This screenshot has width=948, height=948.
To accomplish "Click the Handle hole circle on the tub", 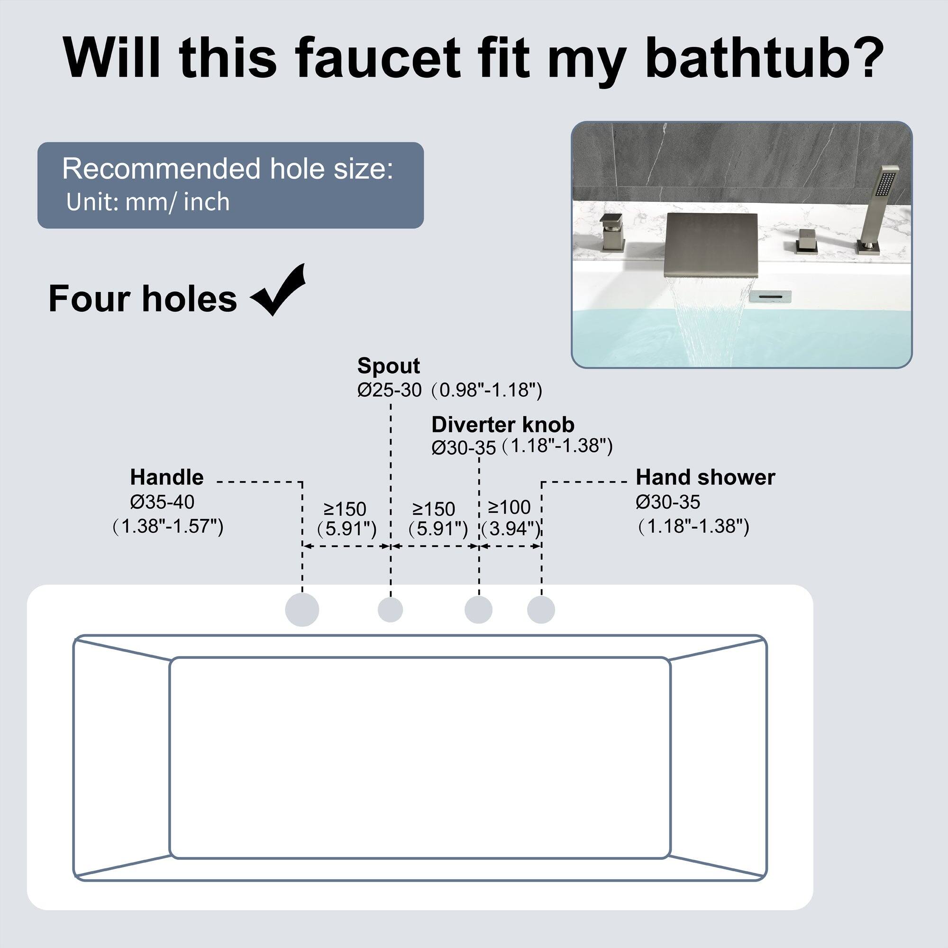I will click(302, 610).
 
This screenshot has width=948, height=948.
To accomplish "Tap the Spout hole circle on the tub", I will click(390, 610).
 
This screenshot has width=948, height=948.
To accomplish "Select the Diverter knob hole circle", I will click(478, 610).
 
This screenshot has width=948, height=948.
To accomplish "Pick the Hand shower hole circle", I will click(541, 610).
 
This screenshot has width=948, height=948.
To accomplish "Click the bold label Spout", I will click(388, 366).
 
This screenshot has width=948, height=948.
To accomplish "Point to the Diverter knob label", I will click(502, 425).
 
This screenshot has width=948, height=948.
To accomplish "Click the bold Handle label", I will click(166, 477).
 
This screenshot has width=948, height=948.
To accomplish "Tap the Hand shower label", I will click(705, 477).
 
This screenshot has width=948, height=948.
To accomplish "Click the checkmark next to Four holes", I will click(279, 291).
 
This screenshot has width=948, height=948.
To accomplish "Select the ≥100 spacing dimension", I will click(510, 507).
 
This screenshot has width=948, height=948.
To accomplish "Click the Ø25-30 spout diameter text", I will click(389, 390).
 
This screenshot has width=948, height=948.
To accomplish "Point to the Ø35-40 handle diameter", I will click(162, 502).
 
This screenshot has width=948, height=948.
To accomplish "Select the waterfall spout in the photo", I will click(711, 244).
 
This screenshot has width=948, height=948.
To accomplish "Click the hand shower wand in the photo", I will click(877, 206).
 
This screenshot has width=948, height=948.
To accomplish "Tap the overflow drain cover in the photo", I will click(770, 296).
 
